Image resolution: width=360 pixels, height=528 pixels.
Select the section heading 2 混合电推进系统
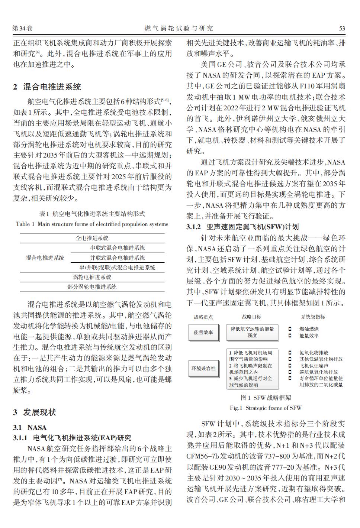coord(47,87)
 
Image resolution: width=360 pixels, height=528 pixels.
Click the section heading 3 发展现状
coord(35,412)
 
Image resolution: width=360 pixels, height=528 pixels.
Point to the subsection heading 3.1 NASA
coord(30,428)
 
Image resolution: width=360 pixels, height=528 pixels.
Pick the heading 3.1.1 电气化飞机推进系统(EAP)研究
coord(72,438)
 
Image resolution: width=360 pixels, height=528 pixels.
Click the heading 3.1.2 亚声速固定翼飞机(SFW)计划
coord(242,227)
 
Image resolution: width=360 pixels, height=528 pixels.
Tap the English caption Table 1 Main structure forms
coord(92,224)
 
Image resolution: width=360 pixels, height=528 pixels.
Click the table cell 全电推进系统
coord(92,238)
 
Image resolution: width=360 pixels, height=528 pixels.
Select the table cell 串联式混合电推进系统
coord(118,248)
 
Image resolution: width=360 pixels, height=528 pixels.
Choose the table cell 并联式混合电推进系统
coord(118,258)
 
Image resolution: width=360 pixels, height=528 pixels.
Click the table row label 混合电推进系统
coord(45,258)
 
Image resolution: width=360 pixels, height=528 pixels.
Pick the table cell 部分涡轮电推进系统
coord(92,287)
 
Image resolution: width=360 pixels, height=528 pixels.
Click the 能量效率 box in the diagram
coord(203,332)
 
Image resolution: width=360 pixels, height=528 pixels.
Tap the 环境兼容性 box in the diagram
coord(203,369)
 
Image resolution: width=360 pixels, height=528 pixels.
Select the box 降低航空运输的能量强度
coord(252,332)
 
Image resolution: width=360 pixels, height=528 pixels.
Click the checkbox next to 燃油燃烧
coord(290,329)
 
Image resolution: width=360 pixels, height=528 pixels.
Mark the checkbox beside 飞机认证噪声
coord(290,366)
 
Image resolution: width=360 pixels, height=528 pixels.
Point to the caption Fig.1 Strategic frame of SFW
coord(266,408)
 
